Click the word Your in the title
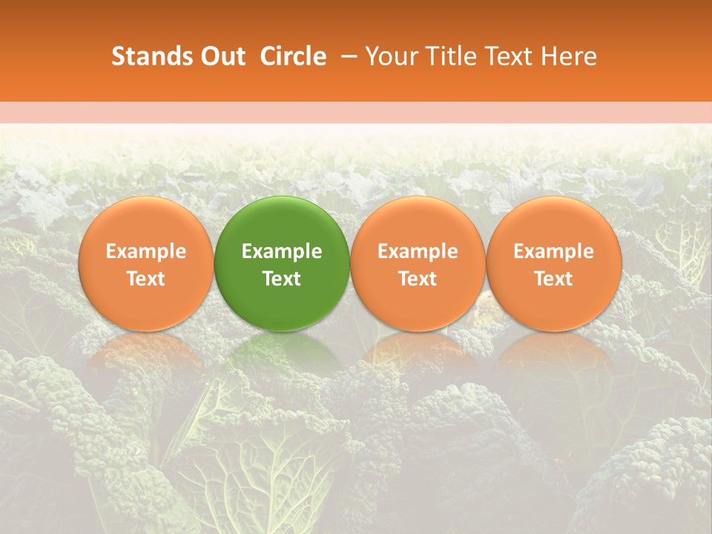click(x=389, y=56)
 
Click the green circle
click(x=282, y=222)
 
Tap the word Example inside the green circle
click(x=282, y=251)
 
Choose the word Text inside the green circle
click(x=282, y=279)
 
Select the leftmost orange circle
click(x=146, y=222)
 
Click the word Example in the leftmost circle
click(x=146, y=251)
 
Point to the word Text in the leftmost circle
click(x=146, y=279)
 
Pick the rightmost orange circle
click(x=554, y=222)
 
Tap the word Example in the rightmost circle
click(x=554, y=251)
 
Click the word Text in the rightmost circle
click(x=554, y=279)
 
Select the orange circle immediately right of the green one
click(x=418, y=222)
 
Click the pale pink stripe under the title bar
click(x=356, y=113)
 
